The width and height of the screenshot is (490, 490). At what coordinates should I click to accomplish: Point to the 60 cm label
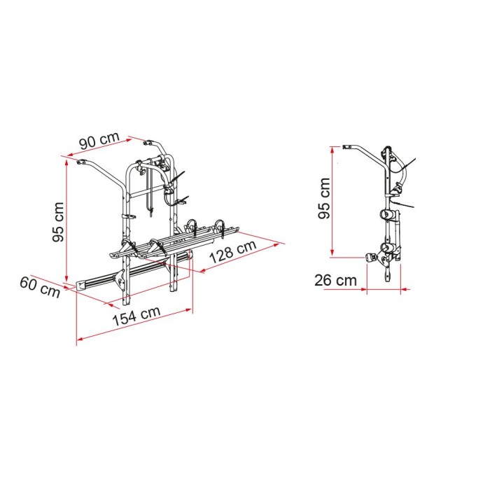[40, 287]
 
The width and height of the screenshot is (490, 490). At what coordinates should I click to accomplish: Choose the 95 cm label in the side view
[323, 199]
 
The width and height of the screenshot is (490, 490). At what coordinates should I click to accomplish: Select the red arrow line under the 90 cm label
[105, 148]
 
